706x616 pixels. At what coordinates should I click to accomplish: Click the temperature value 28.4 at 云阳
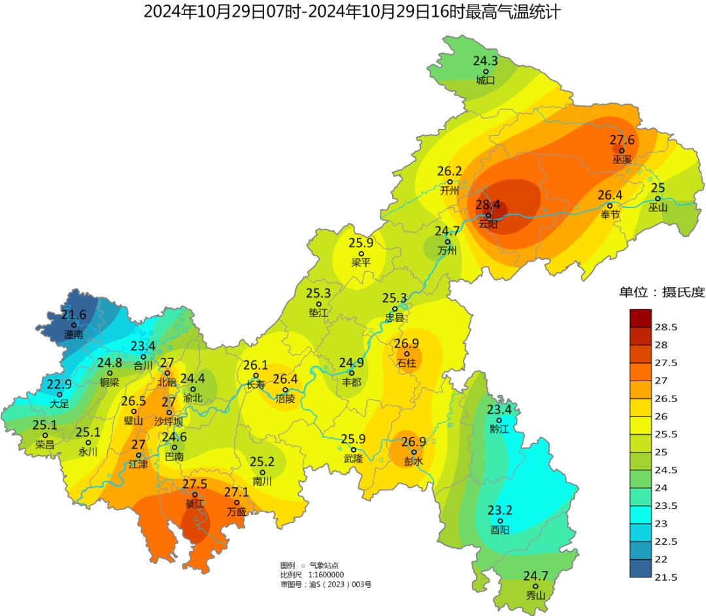pos(488,205)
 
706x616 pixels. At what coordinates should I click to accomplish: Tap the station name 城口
pos(485,80)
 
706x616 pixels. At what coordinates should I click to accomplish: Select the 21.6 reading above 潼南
pos(74,315)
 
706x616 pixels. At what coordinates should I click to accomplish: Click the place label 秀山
pos(535,596)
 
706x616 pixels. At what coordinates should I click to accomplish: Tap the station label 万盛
pos(236,512)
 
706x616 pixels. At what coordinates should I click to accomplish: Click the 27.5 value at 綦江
pos(194,484)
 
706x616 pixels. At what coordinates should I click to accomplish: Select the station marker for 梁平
pos(361,253)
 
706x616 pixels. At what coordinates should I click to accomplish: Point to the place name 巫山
pos(658,208)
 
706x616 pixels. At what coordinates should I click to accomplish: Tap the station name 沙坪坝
pos(169,422)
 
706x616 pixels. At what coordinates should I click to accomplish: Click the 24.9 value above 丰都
pos(351,362)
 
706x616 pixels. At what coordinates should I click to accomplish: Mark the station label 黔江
pos(499,430)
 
